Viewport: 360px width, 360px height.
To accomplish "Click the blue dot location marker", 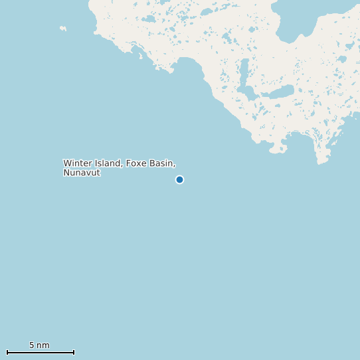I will click(179, 179).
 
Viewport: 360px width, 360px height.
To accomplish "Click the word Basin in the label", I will click(161, 163).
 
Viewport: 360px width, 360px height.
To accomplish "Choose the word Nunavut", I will click(82, 173).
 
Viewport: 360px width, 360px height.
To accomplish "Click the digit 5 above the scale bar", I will click(31, 345).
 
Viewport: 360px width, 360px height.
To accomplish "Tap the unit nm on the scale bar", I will click(43, 345).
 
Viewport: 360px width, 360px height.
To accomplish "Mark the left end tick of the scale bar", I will click(7, 352).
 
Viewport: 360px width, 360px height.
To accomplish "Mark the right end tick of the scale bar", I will click(74, 352).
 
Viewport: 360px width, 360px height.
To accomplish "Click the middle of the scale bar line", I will click(41, 352).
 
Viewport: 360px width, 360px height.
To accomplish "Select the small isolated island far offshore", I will click(63, 29).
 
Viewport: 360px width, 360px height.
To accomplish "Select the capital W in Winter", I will click(66, 163).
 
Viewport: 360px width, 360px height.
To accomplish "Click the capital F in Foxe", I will click(128, 163).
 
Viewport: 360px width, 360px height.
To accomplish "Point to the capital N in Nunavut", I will click(66, 173).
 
